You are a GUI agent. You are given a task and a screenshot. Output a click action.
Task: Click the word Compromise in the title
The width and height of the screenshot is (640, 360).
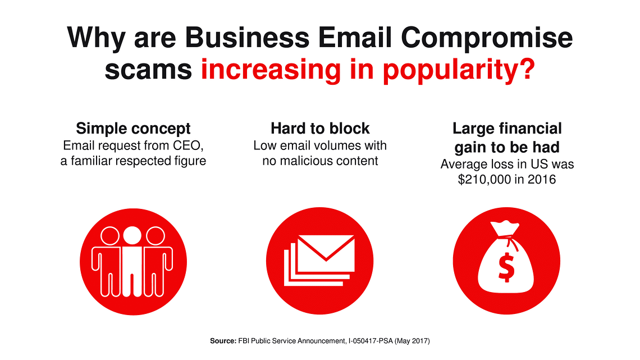(487, 38)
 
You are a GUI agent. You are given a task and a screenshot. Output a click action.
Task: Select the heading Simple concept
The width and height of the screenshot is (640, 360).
(133, 129)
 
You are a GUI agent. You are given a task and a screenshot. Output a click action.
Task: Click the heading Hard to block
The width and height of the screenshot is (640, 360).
(320, 129)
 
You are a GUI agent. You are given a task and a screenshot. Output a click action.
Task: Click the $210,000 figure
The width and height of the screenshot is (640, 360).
(484, 180)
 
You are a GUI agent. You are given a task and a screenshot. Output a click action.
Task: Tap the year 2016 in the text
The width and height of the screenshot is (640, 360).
(541, 180)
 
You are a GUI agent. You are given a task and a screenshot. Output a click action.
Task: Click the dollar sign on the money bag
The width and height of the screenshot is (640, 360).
(506, 267)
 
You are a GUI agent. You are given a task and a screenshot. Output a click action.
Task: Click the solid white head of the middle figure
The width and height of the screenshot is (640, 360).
(132, 235)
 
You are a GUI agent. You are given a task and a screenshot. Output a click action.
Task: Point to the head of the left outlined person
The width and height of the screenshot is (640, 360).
(110, 236)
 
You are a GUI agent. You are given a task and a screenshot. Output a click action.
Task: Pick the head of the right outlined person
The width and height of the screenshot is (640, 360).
(155, 236)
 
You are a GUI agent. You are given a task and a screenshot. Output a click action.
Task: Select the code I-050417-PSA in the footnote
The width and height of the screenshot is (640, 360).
(371, 341)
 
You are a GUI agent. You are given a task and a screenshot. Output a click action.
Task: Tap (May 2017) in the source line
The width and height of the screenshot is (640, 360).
(412, 341)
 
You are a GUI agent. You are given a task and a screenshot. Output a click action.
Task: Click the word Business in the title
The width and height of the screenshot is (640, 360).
(248, 38)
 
